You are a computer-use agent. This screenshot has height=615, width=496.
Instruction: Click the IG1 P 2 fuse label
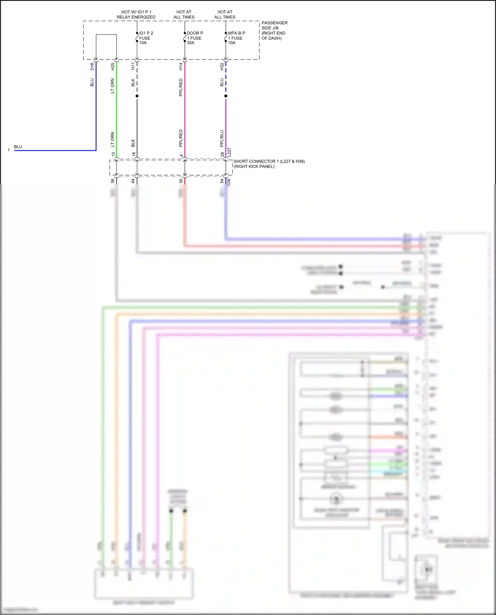pyautogui.click(x=145, y=38)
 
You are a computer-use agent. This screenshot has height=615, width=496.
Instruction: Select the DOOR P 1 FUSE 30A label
pyautogui.click(x=195, y=38)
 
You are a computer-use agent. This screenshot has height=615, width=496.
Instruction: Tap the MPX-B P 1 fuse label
pyautogui.click(x=236, y=38)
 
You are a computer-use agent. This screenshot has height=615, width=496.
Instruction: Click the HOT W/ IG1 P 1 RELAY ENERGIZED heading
pyautogui.click(x=136, y=15)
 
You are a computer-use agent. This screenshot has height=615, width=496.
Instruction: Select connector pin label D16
pyautogui.click(x=92, y=66)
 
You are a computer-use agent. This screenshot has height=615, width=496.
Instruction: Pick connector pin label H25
pyautogui.click(x=113, y=66)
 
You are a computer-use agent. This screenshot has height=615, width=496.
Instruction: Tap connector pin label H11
pyautogui.click(x=133, y=66)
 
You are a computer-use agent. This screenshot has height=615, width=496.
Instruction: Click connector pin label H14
pyautogui.click(x=181, y=66)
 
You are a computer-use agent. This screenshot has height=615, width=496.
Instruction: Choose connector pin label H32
pyautogui.click(x=222, y=66)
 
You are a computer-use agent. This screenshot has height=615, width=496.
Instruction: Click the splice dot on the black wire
pyautogui.click(x=137, y=96)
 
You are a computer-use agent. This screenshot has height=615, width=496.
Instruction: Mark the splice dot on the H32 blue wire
pyautogui.click(x=226, y=96)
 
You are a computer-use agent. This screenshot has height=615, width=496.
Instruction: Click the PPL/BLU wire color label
pyautogui.click(x=222, y=138)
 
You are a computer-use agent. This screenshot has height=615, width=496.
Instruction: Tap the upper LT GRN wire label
pyautogui.click(x=113, y=86)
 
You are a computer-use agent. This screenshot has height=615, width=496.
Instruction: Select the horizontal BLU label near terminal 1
pyautogui.click(x=18, y=147)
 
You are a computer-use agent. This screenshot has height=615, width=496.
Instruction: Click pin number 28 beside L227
pyautogui.click(x=223, y=155)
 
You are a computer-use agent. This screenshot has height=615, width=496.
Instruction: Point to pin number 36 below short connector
pyautogui.click(x=113, y=181)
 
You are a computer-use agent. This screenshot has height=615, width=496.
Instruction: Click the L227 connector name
pyautogui.click(x=229, y=152)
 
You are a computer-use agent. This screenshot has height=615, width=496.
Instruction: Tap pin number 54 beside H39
pyautogui.click(x=222, y=181)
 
